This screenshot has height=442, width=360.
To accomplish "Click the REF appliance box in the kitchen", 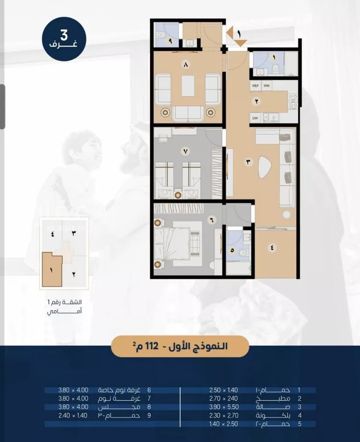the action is point(255,86).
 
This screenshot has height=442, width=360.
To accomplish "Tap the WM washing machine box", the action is point(266,86).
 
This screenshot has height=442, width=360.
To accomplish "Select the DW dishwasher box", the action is point(255,118).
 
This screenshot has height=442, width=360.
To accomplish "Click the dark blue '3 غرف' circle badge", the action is point(64,39).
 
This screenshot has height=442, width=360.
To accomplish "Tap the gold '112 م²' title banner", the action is point(180,346).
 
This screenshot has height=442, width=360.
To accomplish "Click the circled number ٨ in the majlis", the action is point(185,65).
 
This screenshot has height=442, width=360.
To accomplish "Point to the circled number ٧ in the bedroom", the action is point(185,151).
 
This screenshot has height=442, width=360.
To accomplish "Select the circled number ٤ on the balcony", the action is point(272,248).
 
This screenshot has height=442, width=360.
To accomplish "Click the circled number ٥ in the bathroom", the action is point(232,250).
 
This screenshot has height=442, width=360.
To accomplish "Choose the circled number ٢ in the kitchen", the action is point(256,101).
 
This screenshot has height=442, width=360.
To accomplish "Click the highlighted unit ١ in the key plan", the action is point(51,270).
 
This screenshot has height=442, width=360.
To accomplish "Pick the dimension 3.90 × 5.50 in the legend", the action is point(224,407).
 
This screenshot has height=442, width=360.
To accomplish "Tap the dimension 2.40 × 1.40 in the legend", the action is point(73,415).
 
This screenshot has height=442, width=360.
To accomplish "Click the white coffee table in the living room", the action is point(265,167).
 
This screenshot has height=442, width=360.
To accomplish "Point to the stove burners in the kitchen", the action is point(293,101).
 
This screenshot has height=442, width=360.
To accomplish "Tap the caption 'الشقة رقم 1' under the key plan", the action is point(64,302).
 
